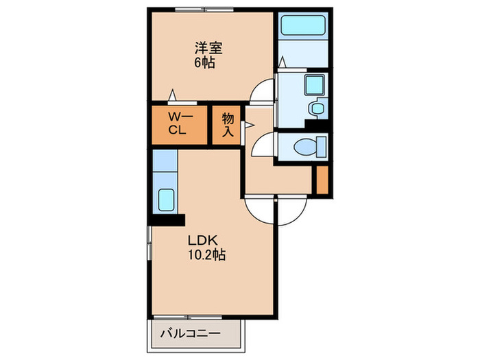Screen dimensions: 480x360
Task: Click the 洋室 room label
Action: click(208, 48)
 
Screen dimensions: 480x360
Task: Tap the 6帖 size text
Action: click(204, 62)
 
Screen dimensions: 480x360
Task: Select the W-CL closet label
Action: click(180, 123)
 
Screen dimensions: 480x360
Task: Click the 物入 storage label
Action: click(228, 125)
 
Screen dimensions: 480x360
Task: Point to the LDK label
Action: click(203, 240)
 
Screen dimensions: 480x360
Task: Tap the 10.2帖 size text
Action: click(206, 254)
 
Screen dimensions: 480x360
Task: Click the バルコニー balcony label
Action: click(191, 333)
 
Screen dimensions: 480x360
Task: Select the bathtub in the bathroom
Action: click(303, 25)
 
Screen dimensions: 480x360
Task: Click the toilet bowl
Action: click(305, 147)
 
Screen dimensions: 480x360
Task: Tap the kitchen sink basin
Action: click(166, 200)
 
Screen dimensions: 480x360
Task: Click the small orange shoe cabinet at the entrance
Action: click(322, 180)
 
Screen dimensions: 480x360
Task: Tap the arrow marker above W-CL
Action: click(173, 95)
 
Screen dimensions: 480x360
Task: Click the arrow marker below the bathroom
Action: click(283, 62)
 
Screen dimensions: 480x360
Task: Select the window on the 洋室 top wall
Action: click(204, 10)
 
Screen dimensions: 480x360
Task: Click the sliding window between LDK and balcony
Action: click(188, 317)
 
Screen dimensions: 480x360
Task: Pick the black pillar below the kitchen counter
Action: click(167, 220)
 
